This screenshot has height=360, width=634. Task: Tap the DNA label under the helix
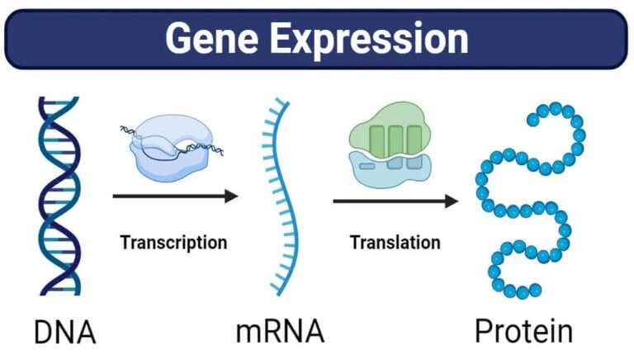coord(65,332)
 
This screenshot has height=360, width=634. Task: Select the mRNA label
coord(280,332)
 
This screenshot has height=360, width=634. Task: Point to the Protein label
coord(523,332)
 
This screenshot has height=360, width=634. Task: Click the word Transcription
coord(173,243)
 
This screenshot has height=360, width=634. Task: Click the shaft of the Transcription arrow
coord(165,197)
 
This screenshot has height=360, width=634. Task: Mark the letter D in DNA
coord(44,332)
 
